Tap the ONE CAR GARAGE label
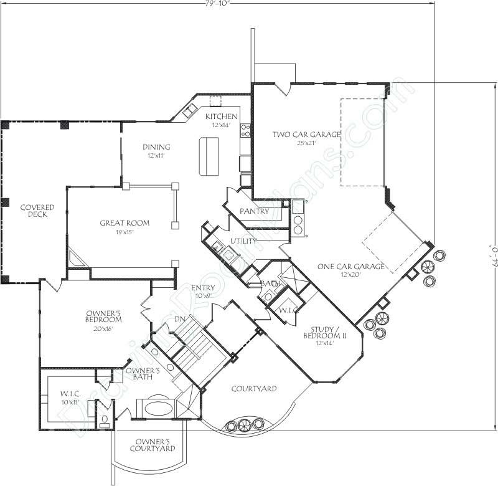350,267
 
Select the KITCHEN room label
222,117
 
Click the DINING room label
156,147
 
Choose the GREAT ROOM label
125,223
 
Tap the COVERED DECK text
36,211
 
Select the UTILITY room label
244,241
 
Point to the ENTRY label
203,288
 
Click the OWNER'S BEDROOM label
103,316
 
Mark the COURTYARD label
254,389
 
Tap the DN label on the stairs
180,318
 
